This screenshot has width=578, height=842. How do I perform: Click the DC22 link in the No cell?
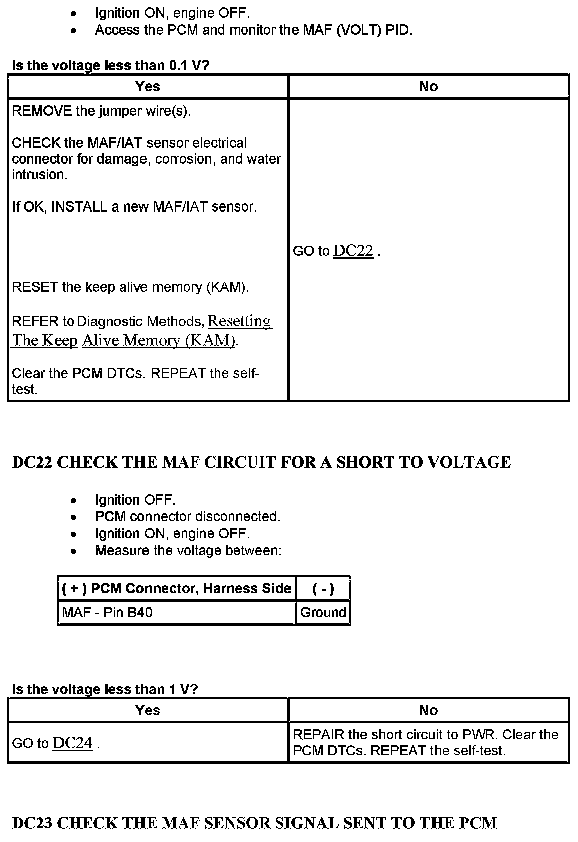(x=353, y=251)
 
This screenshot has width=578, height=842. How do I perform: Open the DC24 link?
(x=72, y=743)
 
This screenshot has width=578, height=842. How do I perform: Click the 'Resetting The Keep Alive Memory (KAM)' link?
(x=240, y=321)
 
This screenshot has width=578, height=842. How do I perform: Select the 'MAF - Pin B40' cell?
(x=107, y=612)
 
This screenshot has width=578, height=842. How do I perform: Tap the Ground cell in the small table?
(x=323, y=612)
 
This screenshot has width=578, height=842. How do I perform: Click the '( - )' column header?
(x=323, y=588)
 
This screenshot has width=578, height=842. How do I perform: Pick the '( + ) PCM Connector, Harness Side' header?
(x=176, y=588)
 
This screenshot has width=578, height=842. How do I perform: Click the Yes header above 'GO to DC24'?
(x=148, y=710)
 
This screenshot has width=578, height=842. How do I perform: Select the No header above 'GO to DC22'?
(x=428, y=87)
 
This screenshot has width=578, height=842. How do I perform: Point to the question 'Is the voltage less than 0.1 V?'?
(x=110, y=66)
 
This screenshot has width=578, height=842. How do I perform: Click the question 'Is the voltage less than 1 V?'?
(x=104, y=689)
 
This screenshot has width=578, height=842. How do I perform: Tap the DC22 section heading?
(x=261, y=462)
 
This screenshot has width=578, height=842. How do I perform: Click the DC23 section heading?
(x=254, y=823)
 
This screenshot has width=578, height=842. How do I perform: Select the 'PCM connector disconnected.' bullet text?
(x=188, y=517)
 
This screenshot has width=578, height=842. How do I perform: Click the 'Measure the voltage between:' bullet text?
(x=188, y=551)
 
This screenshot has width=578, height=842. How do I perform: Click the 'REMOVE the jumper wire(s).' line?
(x=101, y=111)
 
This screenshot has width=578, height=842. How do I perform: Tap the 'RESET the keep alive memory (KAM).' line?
(x=130, y=287)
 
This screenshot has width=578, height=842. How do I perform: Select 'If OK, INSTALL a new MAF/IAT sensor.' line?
(x=134, y=206)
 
